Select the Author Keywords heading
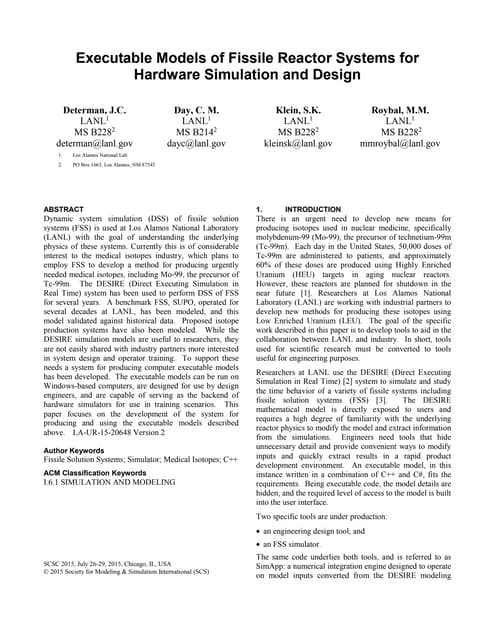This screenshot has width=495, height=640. coord(85,451)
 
